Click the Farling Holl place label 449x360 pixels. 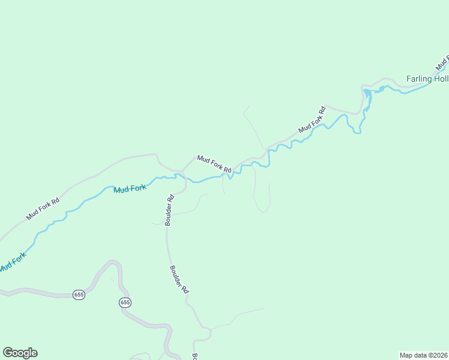(x=427, y=79)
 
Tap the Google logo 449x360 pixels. (x=20, y=353)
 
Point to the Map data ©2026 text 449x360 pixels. (x=423, y=355)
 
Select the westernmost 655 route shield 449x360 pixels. (x=79, y=295)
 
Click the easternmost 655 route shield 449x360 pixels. (x=125, y=302)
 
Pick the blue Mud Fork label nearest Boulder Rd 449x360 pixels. (x=130, y=189)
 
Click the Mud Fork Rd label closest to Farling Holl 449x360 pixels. (x=312, y=120)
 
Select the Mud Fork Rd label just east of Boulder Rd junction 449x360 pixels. (x=214, y=164)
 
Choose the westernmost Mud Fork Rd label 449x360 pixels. (x=43, y=209)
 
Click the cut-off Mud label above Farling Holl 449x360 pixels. (x=442, y=62)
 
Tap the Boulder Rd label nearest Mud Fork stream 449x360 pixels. (x=170, y=209)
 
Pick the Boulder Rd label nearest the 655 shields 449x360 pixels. (x=179, y=279)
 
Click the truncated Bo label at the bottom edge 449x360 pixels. (x=195, y=356)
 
